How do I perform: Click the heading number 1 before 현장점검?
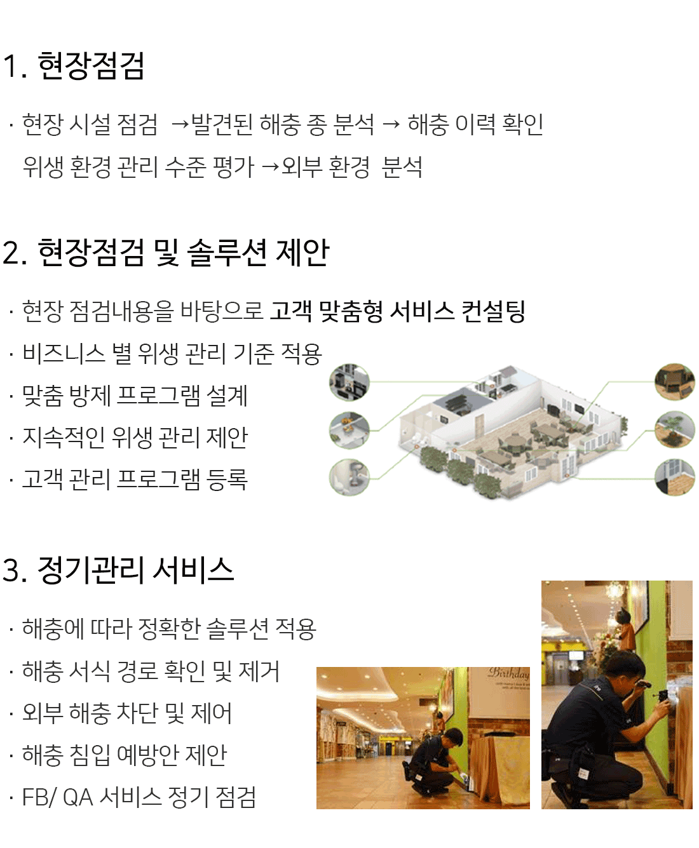(x=11, y=66)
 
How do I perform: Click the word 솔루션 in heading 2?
(x=227, y=253)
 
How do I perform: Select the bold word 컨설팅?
(x=493, y=311)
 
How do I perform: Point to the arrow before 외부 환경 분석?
(x=270, y=167)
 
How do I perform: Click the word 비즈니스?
(x=64, y=353)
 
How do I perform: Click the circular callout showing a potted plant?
(x=675, y=429)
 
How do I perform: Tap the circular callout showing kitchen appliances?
(x=349, y=382)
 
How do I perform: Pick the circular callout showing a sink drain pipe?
(x=349, y=477)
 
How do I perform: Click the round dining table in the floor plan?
(x=516, y=441)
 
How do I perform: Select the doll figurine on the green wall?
(x=626, y=629)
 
